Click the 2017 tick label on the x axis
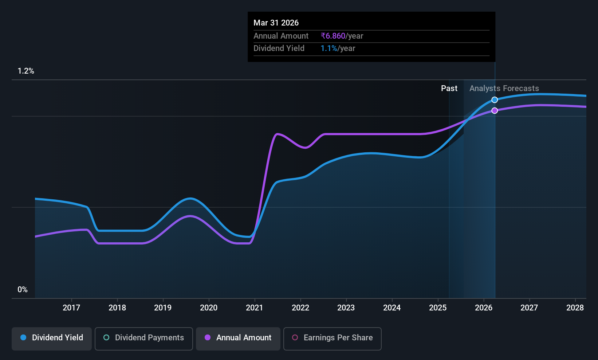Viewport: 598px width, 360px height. point(71,308)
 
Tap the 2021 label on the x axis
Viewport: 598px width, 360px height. point(255,308)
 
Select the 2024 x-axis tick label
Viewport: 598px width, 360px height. point(392,308)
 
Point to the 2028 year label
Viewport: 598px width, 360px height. point(575,308)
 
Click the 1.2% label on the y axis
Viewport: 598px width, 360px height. point(26,71)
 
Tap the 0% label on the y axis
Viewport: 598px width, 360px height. point(23,290)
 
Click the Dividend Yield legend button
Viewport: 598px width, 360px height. point(51,339)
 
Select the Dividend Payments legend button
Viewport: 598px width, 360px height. point(143,339)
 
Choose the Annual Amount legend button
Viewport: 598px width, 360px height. point(238,339)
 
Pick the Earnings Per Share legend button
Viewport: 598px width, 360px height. point(333,339)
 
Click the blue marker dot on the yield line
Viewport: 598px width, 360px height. point(495,100)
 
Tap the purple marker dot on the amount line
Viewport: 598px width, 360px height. point(495,110)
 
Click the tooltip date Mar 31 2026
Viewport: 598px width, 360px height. point(276,23)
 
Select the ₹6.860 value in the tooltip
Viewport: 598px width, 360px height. point(333,36)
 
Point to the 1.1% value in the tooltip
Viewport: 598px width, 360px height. point(329,48)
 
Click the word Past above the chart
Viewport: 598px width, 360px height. point(449,89)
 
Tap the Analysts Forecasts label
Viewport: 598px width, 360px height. point(504,89)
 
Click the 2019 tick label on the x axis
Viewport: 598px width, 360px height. point(163,308)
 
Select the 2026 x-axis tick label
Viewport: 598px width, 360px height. point(484,308)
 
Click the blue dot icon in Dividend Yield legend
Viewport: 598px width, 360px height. point(24,337)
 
